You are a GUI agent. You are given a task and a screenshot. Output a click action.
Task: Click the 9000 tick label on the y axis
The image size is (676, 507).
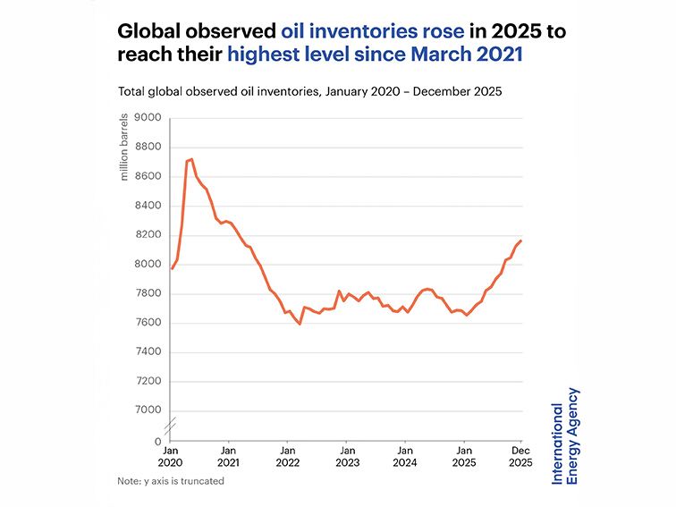148,118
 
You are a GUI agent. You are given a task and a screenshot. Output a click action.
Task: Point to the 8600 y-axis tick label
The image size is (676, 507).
148,177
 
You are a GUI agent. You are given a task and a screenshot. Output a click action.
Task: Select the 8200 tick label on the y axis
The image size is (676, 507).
148,235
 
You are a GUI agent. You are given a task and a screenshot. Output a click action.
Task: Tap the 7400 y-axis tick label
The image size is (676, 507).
148,352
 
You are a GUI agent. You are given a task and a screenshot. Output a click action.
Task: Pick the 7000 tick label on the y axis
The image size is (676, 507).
148,410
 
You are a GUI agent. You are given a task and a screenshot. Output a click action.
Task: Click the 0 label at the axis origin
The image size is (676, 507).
158,442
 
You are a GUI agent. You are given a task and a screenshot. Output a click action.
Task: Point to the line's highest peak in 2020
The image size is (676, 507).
191,159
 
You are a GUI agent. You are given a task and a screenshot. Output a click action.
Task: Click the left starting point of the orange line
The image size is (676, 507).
172,268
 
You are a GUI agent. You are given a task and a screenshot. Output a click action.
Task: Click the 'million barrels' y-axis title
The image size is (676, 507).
125,148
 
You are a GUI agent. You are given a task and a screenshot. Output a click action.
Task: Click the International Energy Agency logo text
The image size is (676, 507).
564,436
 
